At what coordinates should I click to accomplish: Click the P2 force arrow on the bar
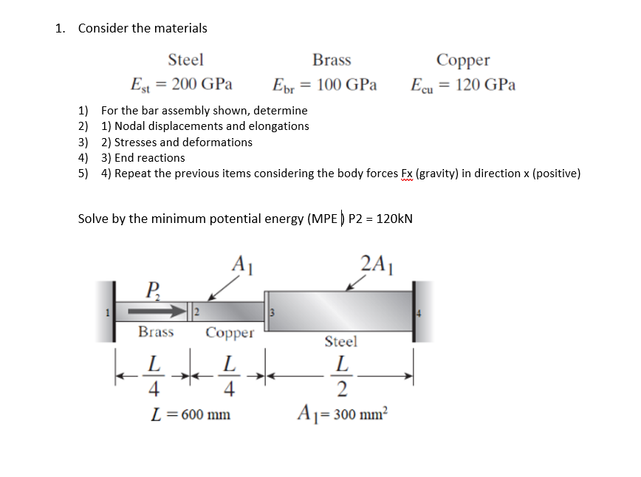click(x=162, y=310)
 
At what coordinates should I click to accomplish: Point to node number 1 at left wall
click(x=107, y=311)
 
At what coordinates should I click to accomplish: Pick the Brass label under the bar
click(x=156, y=332)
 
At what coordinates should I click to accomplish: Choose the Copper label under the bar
click(x=230, y=333)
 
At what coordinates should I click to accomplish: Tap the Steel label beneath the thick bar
click(x=340, y=342)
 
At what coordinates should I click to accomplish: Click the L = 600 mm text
click(x=190, y=414)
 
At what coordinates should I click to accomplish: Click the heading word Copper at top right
click(x=463, y=60)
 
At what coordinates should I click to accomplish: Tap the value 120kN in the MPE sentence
click(x=394, y=219)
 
